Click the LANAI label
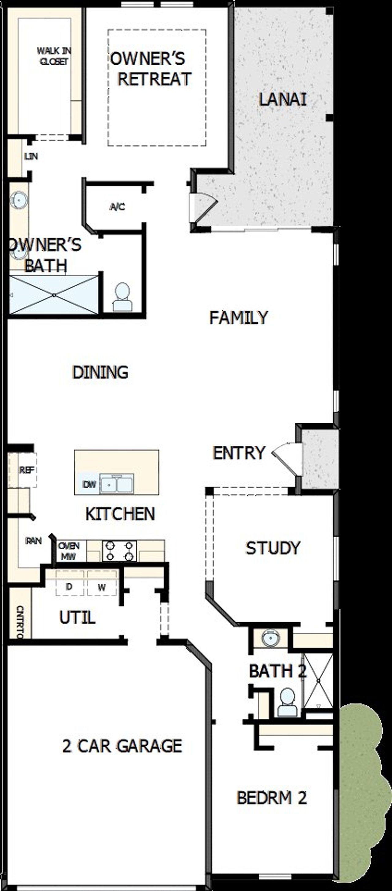tap(282, 100)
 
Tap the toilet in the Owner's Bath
tap(122, 298)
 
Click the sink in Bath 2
tap(270, 638)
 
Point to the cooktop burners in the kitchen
tap(119, 551)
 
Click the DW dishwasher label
tap(89, 485)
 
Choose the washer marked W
tap(101, 587)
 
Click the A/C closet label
tap(117, 207)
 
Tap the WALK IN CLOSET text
tap(54, 56)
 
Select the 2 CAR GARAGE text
tap(122, 746)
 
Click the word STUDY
tap(273, 548)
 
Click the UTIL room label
tap(77, 617)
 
